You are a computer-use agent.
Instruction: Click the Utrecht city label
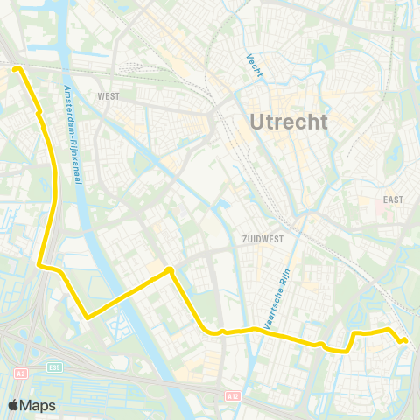click(289, 122)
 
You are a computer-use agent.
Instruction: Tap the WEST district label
click(108, 96)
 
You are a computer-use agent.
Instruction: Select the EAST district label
click(393, 199)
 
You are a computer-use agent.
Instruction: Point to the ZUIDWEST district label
click(262, 237)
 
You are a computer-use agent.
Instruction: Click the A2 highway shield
click(19, 374)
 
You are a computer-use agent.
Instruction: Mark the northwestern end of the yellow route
click(17, 66)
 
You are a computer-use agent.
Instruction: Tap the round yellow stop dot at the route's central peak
click(170, 271)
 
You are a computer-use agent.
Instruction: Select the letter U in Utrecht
click(257, 122)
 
